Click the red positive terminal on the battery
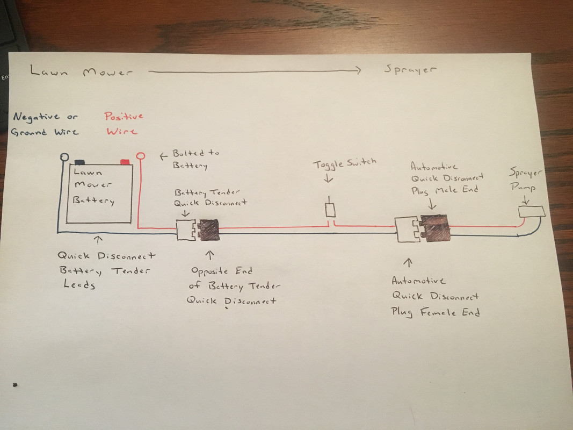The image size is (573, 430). (125, 162)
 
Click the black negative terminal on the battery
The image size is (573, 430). (79, 162)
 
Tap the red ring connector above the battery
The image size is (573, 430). (140, 156)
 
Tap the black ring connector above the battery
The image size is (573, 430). (64, 157)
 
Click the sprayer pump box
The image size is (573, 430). (531, 212)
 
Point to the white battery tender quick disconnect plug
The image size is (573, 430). (186, 230)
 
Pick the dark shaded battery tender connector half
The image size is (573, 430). (208, 230)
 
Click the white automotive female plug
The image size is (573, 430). (407, 230)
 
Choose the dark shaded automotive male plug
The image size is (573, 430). (435, 228)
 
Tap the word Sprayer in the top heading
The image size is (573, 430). (410, 69)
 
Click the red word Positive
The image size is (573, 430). (124, 116)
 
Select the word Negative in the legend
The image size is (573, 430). (36, 117)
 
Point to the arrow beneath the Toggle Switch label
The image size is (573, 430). (329, 177)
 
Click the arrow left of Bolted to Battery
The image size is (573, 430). (163, 156)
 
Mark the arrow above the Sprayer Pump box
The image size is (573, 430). (526, 199)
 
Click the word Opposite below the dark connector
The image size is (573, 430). (209, 271)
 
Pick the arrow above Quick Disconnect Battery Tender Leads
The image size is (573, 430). (98, 240)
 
